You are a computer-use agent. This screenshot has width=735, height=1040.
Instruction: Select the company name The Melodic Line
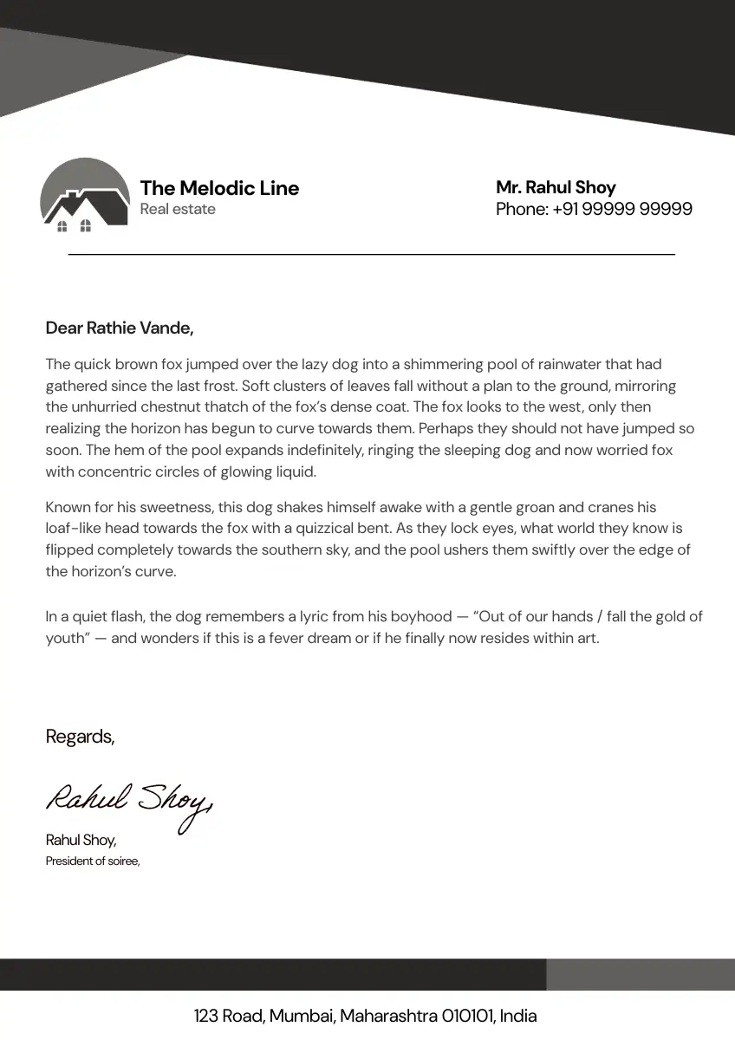tap(219, 188)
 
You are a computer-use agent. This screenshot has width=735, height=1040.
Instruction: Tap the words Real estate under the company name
tap(178, 209)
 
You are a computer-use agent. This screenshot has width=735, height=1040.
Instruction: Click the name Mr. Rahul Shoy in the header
tap(556, 187)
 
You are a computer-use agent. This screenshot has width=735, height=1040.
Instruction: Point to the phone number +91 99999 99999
tap(622, 209)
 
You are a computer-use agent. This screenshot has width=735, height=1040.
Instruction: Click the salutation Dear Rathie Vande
tap(119, 328)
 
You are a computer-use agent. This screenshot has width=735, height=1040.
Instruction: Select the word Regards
tap(80, 737)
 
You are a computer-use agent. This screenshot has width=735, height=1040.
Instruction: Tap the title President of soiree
tap(92, 861)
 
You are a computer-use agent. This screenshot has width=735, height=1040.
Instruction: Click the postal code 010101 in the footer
tap(468, 1016)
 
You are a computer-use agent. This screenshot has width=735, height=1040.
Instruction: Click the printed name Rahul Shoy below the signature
tap(80, 840)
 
